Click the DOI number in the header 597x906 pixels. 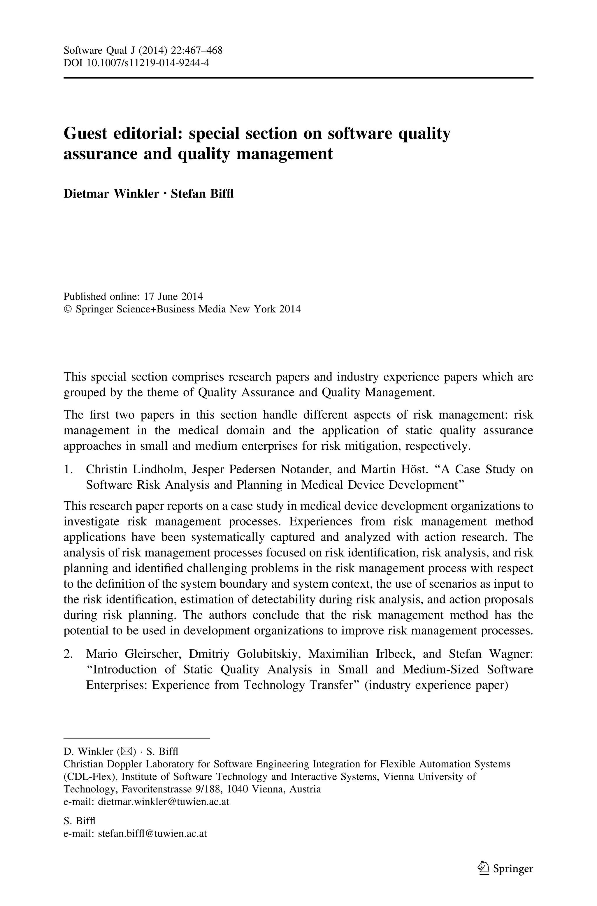(x=148, y=62)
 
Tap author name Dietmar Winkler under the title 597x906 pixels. (x=111, y=194)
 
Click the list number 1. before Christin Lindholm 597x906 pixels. (x=68, y=469)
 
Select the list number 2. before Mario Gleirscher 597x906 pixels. (x=68, y=654)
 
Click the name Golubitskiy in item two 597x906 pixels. (x=270, y=654)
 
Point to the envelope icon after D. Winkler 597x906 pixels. (x=126, y=752)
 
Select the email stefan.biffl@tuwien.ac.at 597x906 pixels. (x=152, y=833)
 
